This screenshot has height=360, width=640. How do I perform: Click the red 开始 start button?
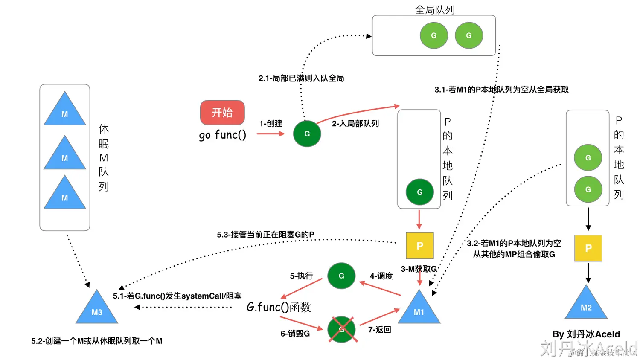coord(222,113)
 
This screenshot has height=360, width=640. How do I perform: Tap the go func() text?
coord(222,135)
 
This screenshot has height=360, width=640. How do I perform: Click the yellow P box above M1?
coord(419,246)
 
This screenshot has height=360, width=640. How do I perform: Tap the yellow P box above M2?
coord(588,248)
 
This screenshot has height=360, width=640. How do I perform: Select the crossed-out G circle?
coord(341,329)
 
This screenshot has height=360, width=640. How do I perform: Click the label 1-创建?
coord(271,124)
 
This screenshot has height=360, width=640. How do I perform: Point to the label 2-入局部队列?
coord(355,124)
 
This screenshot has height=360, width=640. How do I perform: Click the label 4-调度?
coord(381,276)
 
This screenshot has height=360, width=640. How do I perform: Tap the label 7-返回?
coord(379,330)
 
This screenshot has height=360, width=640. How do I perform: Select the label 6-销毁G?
coord(295,334)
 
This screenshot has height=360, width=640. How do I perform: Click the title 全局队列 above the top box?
coord(434,9)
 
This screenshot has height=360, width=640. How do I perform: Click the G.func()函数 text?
coord(279,307)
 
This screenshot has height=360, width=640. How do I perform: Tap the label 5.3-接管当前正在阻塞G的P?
coord(265,235)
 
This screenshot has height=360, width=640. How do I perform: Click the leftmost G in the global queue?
coord(433,35)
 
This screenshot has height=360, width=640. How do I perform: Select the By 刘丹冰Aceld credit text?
coord(586,334)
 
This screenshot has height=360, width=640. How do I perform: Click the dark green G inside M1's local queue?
coord(419,192)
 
